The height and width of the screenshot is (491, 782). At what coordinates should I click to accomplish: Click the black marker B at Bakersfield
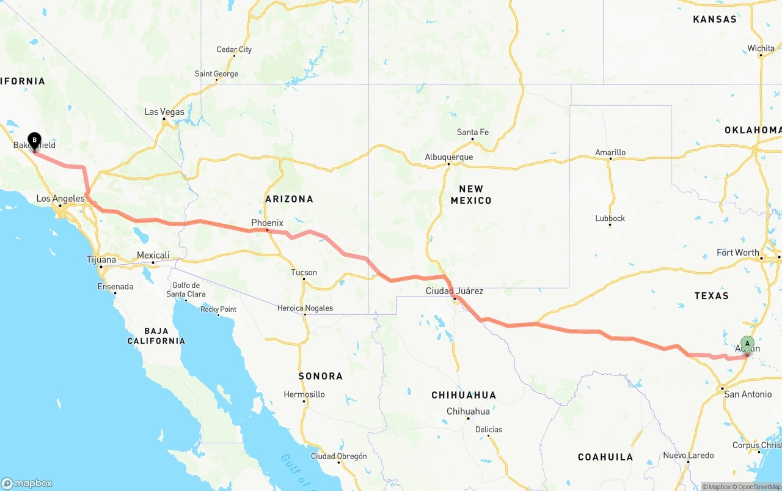[x=34, y=141]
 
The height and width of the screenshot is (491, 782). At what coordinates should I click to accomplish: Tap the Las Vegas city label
[x=164, y=112]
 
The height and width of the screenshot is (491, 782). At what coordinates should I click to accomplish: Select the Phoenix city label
[x=267, y=223]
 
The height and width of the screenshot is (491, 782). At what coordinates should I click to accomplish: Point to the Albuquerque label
[x=449, y=157]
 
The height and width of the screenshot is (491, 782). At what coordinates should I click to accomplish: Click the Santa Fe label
[x=472, y=132]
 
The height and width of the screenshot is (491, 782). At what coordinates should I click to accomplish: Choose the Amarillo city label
[x=610, y=152]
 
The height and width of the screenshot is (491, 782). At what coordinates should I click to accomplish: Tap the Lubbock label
[x=610, y=218]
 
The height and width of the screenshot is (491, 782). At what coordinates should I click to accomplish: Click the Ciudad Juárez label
[x=454, y=291]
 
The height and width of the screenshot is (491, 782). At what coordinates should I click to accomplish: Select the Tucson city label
[x=304, y=273]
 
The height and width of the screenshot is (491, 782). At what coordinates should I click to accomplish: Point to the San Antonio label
[x=748, y=394]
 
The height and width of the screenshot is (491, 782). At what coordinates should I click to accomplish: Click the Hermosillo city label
[x=304, y=394]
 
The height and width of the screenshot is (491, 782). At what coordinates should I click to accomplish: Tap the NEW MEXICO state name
[x=471, y=194]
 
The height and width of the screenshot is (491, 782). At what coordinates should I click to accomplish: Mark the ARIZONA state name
[x=289, y=199]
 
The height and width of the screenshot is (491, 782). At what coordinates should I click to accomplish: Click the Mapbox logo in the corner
[x=27, y=483]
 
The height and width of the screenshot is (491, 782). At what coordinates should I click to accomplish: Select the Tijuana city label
[x=101, y=260]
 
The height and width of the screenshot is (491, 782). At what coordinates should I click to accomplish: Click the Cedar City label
[x=234, y=50]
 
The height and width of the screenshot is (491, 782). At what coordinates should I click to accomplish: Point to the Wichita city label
[x=761, y=48]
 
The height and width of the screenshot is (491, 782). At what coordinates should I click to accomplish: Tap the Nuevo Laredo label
[x=688, y=456]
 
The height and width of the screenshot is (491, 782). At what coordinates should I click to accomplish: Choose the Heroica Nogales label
[x=305, y=308]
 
